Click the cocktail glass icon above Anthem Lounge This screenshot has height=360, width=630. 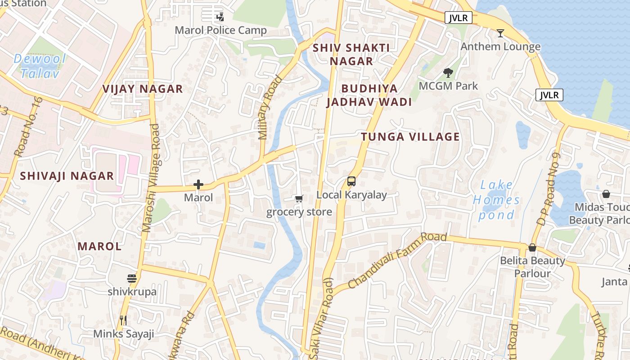point(500,33)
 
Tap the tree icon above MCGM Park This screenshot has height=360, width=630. point(448,72)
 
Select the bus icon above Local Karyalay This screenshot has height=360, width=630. point(351,181)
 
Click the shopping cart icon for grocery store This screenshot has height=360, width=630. point(299,198)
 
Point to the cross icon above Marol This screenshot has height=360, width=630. point(198,184)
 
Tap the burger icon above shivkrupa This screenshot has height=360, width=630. point(132,279)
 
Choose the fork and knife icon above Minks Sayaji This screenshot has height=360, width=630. point(123,320)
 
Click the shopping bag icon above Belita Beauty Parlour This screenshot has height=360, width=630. point(532,247)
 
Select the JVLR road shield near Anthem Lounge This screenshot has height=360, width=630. point(459,18)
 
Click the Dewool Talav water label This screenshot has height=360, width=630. point(40,66)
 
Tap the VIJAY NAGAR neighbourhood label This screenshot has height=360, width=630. point(143,89)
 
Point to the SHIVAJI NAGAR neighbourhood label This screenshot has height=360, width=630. point(67,176)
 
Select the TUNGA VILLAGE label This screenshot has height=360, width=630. point(410,137)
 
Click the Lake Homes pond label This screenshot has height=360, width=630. point(496,200)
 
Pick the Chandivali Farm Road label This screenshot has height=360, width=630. point(397,261)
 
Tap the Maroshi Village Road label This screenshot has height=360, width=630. point(151,178)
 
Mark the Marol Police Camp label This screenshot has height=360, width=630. point(220,31)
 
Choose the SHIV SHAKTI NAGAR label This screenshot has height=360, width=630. point(351,54)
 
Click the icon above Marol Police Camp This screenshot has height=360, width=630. point(220,18)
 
